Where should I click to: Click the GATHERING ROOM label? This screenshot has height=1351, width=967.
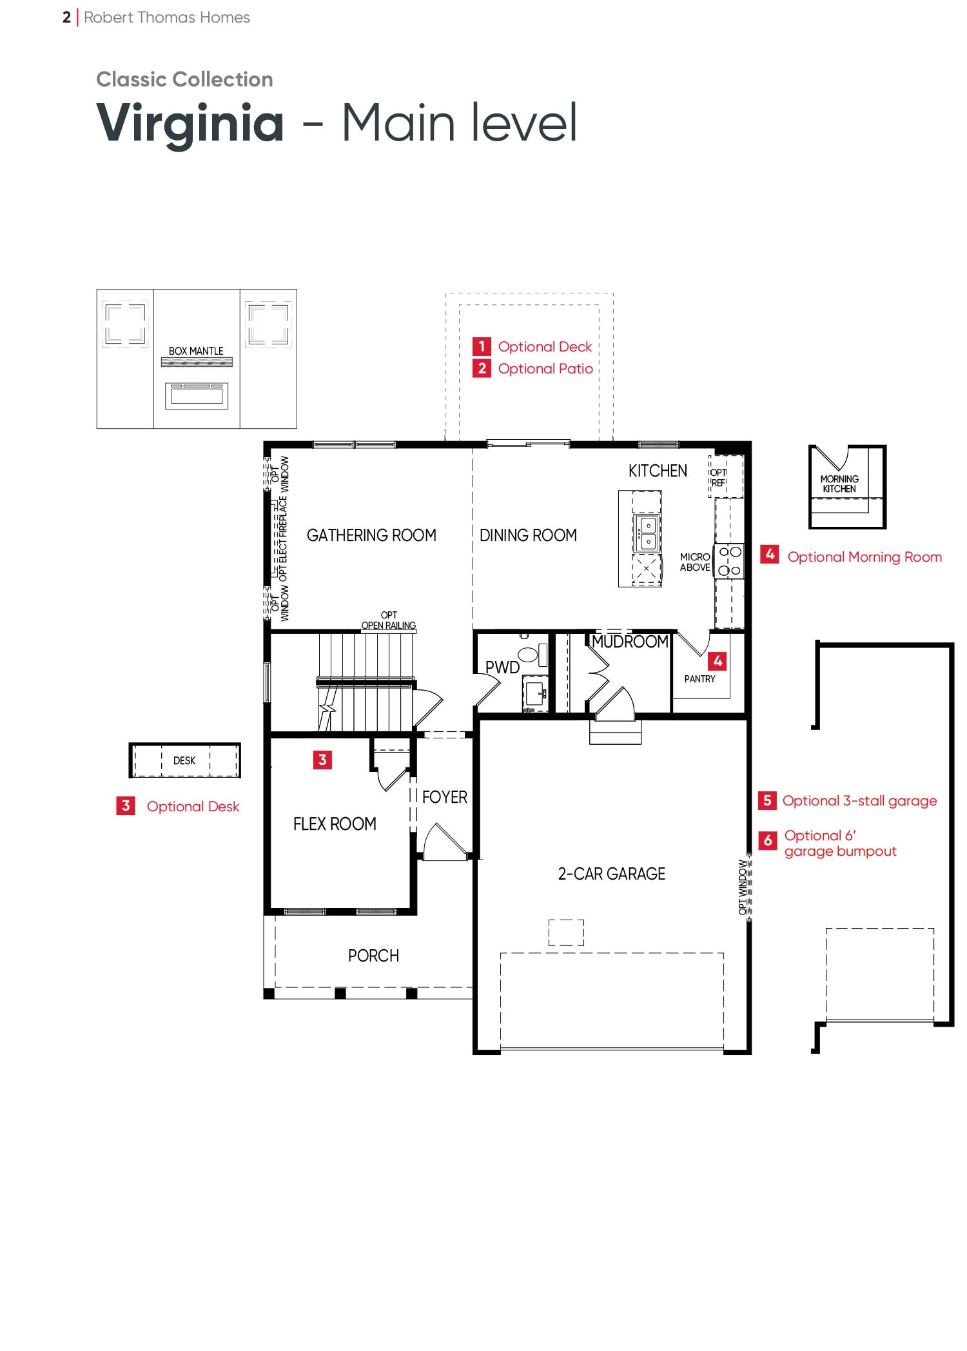[x=371, y=535]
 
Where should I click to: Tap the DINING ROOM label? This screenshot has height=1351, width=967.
[x=528, y=535]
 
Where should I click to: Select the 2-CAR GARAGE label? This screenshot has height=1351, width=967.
[x=611, y=874]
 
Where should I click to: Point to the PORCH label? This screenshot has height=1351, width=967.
[x=373, y=956]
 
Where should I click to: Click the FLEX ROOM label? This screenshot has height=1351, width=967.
[x=335, y=824]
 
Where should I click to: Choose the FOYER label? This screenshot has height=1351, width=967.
[x=445, y=797]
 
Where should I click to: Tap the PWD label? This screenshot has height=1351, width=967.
[x=502, y=667]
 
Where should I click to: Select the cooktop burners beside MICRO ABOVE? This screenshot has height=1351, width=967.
[x=730, y=561]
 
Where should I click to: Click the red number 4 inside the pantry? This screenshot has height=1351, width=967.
[x=718, y=661]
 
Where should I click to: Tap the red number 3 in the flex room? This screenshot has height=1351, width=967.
[x=322, y=760]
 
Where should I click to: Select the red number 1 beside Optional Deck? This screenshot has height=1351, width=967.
[x=482, y=346]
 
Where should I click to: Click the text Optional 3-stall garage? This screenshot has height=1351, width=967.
[x=859, y=801]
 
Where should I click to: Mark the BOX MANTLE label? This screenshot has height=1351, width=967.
[x=196, y=351]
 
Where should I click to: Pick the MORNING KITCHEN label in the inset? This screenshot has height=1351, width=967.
[x=839, y=484]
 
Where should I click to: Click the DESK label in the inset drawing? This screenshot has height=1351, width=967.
[x=184, y=761]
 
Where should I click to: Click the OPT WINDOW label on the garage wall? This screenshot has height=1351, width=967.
[x=743, y=887]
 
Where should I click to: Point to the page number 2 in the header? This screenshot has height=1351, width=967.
[x=66, y=17]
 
